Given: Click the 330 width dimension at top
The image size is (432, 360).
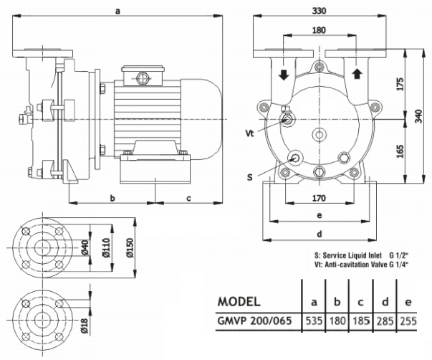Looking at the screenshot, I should [x=319, y=11].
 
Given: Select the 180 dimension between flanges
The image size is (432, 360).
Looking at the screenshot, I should [x=319, y=30].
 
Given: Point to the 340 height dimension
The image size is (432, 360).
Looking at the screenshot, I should [x=418, y=115].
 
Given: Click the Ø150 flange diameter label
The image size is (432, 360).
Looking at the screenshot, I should [x=130, y=248].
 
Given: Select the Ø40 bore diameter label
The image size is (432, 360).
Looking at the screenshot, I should [x=84, y=248].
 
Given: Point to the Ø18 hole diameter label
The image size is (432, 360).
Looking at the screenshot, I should [x=84, y=326].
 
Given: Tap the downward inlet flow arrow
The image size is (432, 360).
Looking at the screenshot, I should [x=284, y=74].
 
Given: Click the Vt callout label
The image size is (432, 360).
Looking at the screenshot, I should [x=249, y=133].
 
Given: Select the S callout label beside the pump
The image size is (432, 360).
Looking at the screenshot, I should [x=249, y=176].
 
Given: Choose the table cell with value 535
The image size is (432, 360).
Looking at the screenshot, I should [x=313, y=322].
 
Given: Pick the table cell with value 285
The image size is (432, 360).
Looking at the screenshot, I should [x=385, y=322].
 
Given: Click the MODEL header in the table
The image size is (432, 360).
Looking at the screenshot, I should [x=244, y=300].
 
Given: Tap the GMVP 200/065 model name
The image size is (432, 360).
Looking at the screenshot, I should [x=256, y=322].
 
